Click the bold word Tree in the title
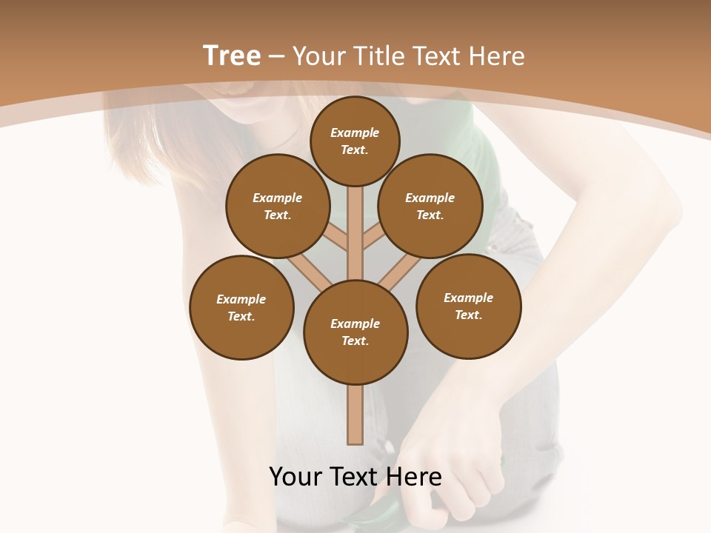click(232, 56)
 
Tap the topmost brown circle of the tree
click(355, 141)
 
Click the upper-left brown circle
click(278, 206)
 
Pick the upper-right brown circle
click(430, 206)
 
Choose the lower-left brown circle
click(241, 307)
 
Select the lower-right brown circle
click(469, 306)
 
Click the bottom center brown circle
click(355, 332)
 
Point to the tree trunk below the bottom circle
click(355, 415)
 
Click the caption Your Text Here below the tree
click(355, 477)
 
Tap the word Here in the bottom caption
click(417, 477)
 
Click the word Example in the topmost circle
click(355, 133)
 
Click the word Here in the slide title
click(498, 56)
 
